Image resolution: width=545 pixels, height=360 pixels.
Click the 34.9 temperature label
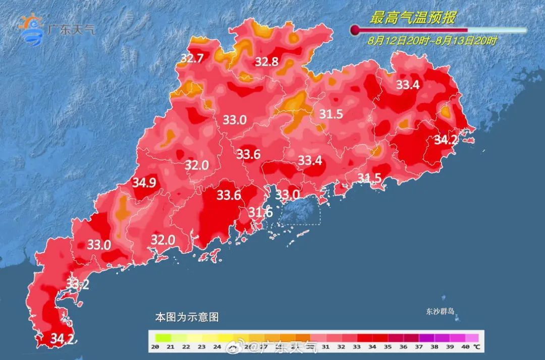click(144, 183)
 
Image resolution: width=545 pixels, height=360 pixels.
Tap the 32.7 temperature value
click(192, 59)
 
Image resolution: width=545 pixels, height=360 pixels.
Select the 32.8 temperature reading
click(266, 62)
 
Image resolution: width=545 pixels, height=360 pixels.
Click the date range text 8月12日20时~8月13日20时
click(432, 41)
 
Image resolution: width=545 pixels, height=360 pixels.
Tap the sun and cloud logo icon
click(31, 29)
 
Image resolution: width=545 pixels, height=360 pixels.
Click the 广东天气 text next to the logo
click(71, 29)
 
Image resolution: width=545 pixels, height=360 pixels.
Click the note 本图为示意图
click(187, 318)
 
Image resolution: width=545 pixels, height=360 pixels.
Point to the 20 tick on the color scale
click(155, 346)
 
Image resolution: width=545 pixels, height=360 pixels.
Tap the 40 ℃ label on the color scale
click(470, 346)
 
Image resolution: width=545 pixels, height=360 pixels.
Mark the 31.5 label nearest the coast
click(369, 177)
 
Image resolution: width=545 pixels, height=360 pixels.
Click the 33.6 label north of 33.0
click(249, 154)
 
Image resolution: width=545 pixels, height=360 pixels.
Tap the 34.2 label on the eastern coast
click(446, 140)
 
